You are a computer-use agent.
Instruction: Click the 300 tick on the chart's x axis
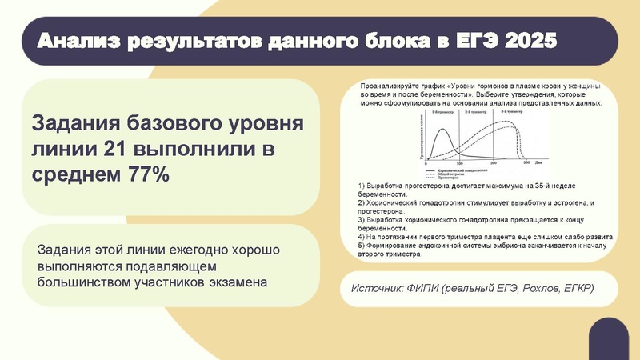click(526, 162)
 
